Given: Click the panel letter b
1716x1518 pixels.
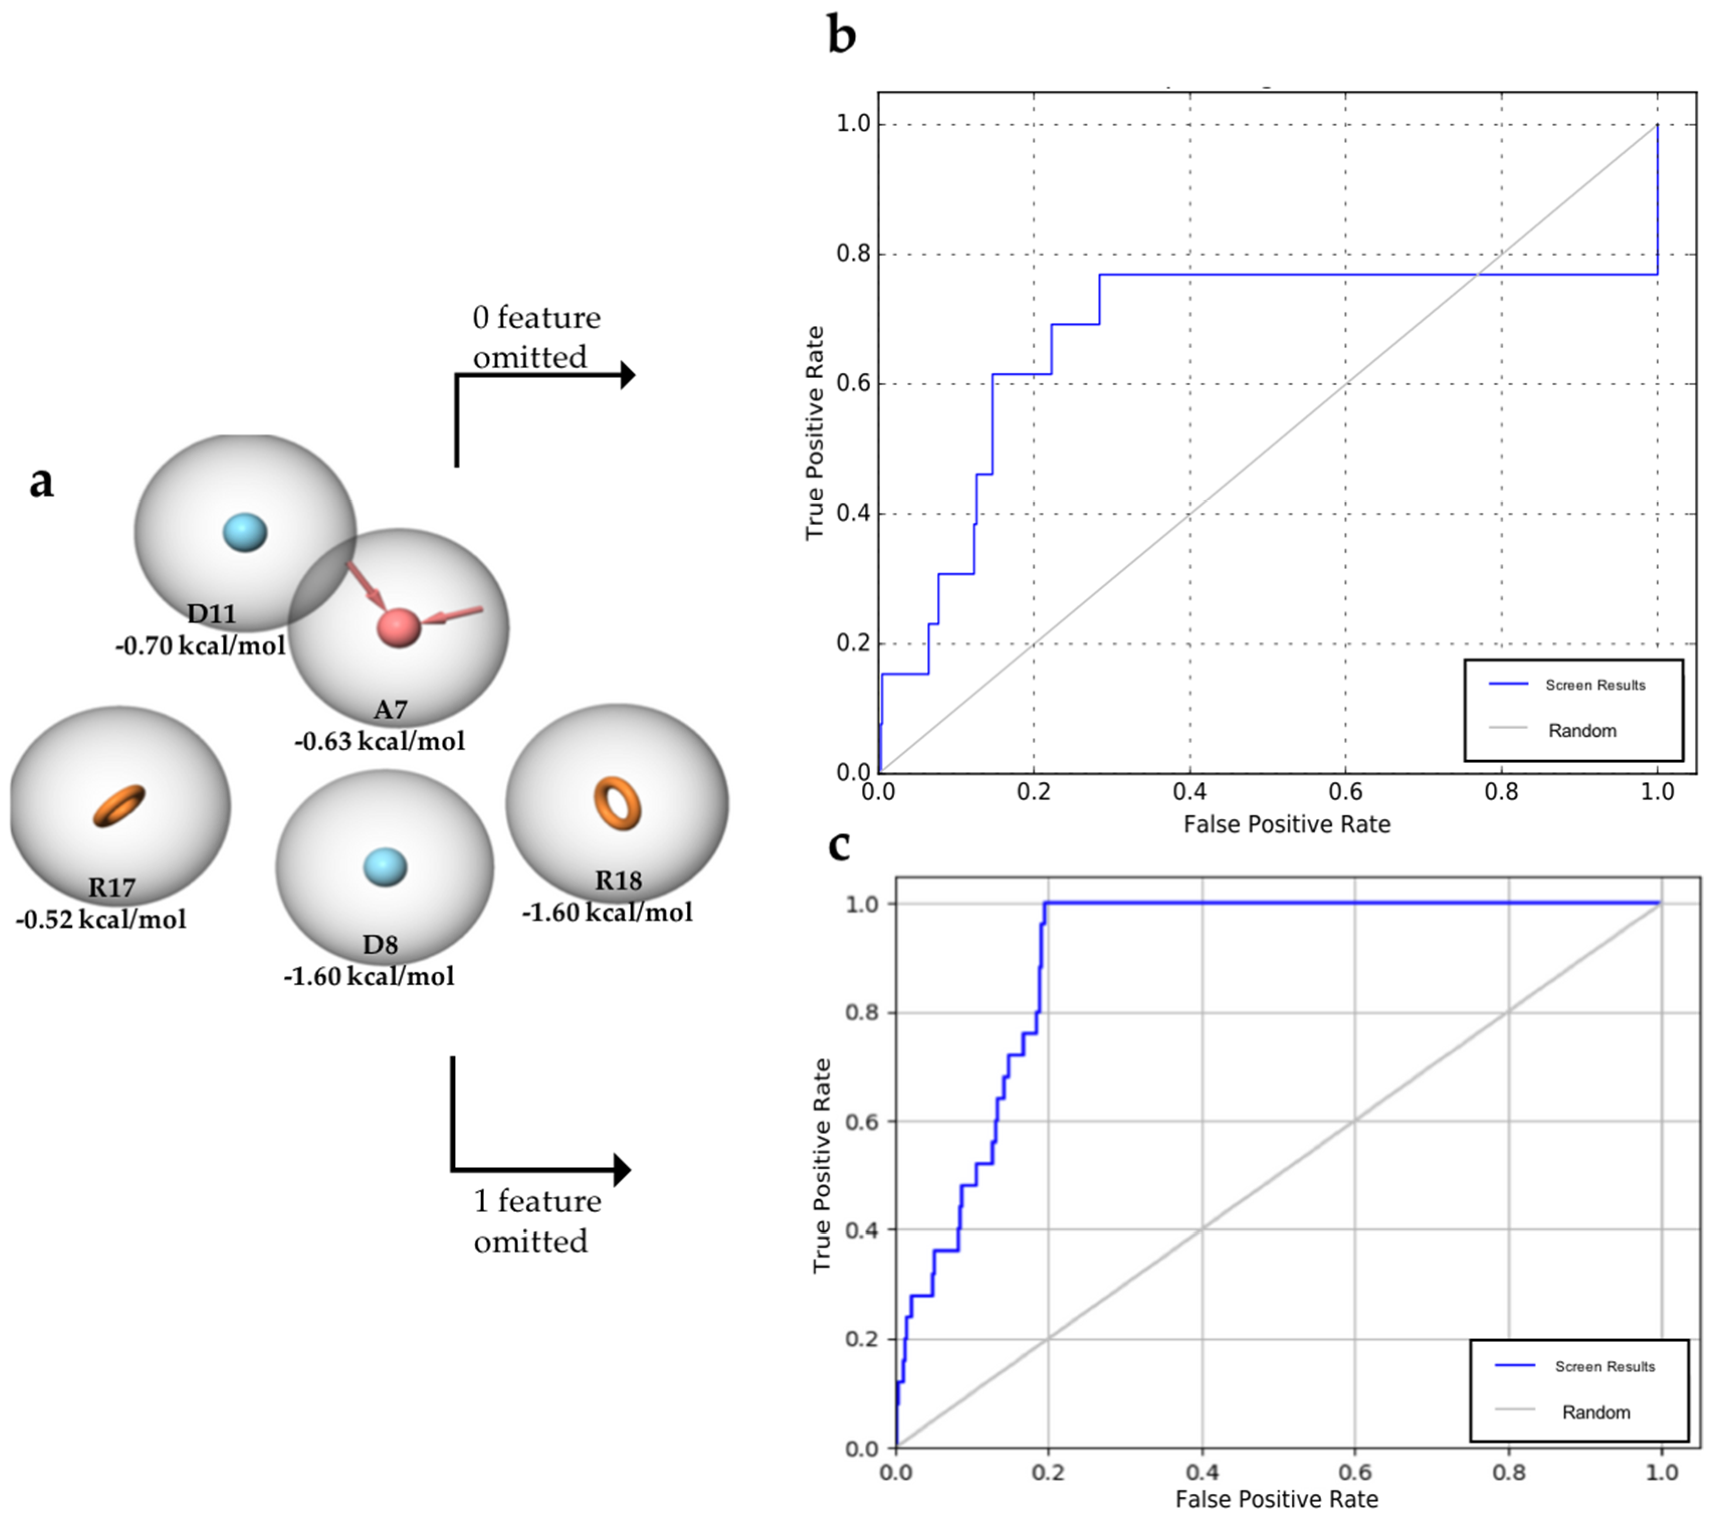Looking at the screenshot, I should [x=841, y=36].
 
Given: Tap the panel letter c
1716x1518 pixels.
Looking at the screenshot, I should [x=839, y=846].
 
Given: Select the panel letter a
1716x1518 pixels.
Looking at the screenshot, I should [x=41, y=482].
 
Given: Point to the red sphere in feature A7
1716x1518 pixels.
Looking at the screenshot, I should [x=398, y=627].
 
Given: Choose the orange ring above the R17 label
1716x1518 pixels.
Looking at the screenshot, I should [x=119, y=805].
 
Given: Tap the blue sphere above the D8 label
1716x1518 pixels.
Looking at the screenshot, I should [x=385, y=866].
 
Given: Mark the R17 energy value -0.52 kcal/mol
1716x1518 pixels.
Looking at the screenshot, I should [x=101, y=919].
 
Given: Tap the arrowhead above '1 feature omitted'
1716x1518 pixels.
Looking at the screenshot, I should [x=622, y=1169].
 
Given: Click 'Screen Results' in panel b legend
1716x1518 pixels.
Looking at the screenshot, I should [x=1595, y=685].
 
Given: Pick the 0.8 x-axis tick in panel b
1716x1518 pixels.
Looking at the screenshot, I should [x=1501, y=792].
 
